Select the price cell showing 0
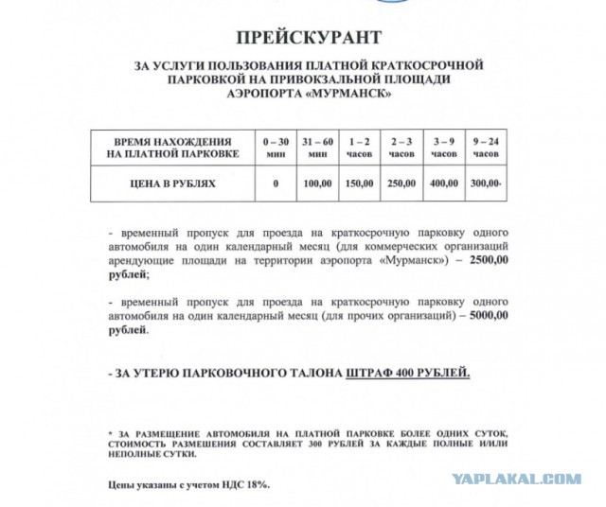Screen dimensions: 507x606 (x=276, y=183)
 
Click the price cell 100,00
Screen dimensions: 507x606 (x=318, y=183)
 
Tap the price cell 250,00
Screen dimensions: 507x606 (x=401, y=183)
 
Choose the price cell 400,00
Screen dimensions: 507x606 (x=443, y=183)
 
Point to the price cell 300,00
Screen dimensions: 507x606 (x=485, y=183)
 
